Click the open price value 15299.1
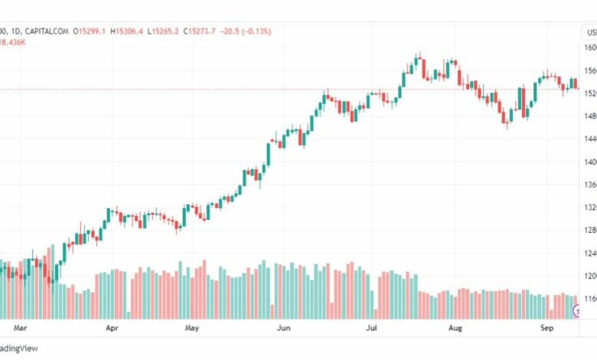tap(93, 31)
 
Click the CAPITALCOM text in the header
tap(44, 31)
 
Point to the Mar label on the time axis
tap(21, 328)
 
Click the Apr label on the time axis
tap(112, 328)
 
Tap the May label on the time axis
tap(192, 328)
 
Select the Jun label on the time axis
tap(283, 328)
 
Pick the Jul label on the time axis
tap(373, 328)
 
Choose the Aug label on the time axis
tap(455, 328)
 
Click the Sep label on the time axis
tap(546, 328)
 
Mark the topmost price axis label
tap(590, 47)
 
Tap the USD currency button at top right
tap(590, 31)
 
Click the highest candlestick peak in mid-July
tap(419, 55)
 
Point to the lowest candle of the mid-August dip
tap(507, 126)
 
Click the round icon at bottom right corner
tap(578, 310)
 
